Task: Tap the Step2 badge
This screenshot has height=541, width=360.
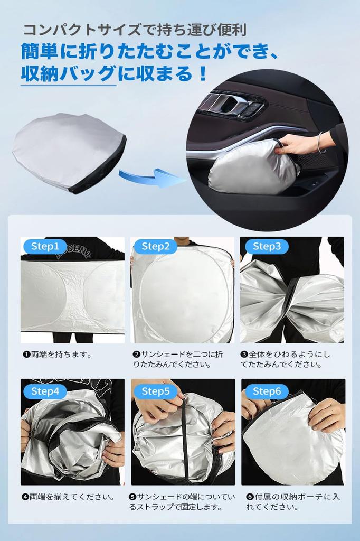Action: (x=156, y=246)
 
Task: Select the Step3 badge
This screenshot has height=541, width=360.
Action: (x=267, y=246)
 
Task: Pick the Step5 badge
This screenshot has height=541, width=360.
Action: (x=156, y=391)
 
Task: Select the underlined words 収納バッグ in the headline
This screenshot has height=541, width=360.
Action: (x=68, y=73)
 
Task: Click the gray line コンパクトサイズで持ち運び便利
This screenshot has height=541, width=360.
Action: (x=135, y=30)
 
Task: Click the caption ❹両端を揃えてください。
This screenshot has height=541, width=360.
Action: (x=68, y=497)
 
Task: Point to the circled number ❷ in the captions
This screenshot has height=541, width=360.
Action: (x=136, y=355)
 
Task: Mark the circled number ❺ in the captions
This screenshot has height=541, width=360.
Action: (x=133, y=497)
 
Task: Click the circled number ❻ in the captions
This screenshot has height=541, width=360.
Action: (x=250, y=497)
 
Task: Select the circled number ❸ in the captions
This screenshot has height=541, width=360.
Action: (x=244, y=355)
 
